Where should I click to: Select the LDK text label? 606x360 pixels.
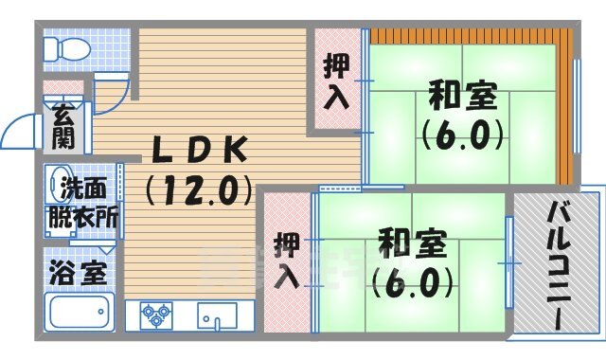pyautogui.click(x=201, y=149)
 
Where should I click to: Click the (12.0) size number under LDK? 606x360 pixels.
pyautogui.click(x=199, y=189)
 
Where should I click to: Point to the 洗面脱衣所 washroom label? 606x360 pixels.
pyautogui.click(x=83, y=200)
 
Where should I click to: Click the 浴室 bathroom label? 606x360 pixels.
pyautogui.click(x=78, y=271)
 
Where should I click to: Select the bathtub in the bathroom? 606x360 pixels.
pyautogui.click(x=80, y=312)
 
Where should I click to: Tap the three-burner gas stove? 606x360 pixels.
pyautogui.click(x=156, y=314)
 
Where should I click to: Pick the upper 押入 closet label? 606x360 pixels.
pyautogui.click(x=337, y=81)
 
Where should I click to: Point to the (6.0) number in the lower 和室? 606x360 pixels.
pyautogui.click(x=411, y=280)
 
